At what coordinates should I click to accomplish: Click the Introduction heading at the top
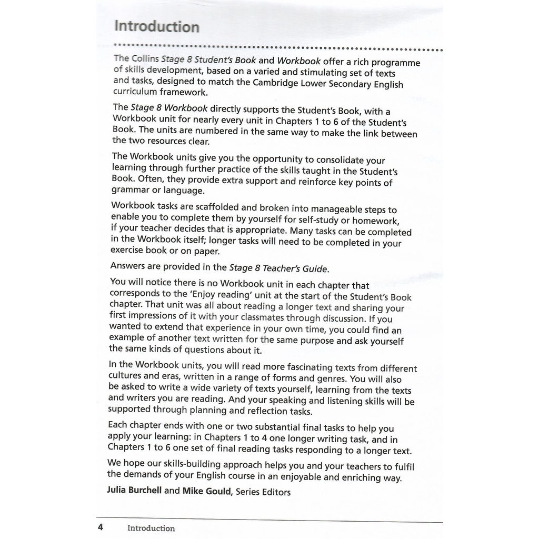coord(157,26)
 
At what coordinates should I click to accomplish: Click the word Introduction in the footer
coord(151,528)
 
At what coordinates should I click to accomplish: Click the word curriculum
coord(135,93)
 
